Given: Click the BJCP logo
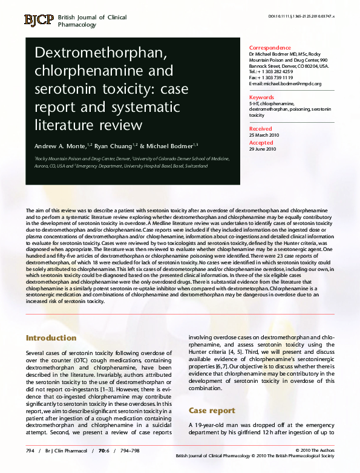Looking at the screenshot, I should coord(39,21).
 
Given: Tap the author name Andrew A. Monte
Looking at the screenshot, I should coord(51,146).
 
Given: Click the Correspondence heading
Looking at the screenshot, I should coord(270,48).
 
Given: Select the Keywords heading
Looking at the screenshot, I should coord(262,97).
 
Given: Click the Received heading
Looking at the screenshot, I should coord(261,129).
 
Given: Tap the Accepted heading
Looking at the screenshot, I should coord(261,143).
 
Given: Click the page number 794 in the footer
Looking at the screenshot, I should coord(30,451).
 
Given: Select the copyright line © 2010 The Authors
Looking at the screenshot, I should coord(315,451).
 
